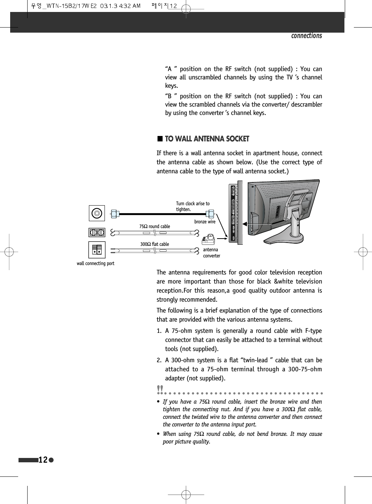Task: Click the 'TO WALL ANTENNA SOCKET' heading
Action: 207,139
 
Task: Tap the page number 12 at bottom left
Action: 43,460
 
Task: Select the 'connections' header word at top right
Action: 306,36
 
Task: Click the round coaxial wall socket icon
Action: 97,213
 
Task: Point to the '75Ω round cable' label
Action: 155,226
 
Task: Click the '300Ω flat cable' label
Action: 155,244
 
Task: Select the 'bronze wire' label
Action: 205,222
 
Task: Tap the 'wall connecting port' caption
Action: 95,264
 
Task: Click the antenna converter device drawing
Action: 208,240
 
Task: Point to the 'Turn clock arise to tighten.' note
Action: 193,206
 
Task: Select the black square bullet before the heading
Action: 160,139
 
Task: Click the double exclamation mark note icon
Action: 160,389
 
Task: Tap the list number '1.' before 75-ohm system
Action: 159,331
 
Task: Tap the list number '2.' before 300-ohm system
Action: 159,360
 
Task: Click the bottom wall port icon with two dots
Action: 97,250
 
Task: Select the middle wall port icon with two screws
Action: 97,232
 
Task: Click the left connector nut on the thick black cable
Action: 115,214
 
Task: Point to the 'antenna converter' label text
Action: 211,253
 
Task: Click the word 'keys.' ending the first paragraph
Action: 171,86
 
